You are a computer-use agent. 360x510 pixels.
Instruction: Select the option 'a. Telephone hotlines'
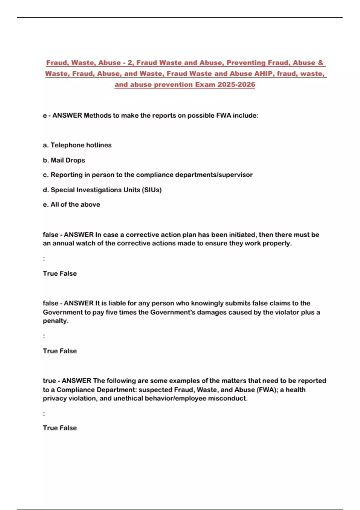pyautogui.click(x=77, y=145)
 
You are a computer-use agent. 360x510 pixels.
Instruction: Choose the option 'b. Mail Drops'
pyautogui.click(x=64, y=160)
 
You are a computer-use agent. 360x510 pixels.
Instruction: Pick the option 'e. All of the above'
pyautogui.click(x=71, y=205)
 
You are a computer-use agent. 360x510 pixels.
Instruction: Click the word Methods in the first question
pyautogui.click(x=97, y=115)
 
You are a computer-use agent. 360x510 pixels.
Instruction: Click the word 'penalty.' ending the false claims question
pyautogui.click(x=56, y=321)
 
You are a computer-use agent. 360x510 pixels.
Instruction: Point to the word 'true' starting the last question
pyautogui.click(x=49, y=381)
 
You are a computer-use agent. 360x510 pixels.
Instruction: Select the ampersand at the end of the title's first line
pyautogui.click(x=320, y=63)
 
